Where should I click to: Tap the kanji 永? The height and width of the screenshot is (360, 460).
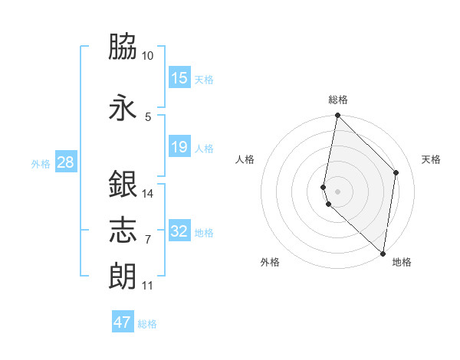[x=123, y=106]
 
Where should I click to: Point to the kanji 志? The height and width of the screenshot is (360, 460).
[x=123, y=229]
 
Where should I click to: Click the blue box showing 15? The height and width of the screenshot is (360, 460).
[x=179, y=78]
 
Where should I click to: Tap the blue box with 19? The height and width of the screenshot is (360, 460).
[x=179, y=147]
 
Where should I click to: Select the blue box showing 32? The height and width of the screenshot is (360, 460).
[x=179, y=231]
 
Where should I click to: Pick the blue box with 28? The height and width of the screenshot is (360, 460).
[x=64, y=162]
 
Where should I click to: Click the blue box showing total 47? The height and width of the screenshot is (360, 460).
[x=123, y=322]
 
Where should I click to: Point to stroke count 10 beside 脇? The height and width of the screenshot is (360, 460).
[x=147, y=56]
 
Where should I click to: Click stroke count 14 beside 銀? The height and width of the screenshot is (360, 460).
[x=147, y=194]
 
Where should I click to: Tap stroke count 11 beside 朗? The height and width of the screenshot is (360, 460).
[x=147, y=286]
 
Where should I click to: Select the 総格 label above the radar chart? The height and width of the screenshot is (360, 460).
[x=338, y=100]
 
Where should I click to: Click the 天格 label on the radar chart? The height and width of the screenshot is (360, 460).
[x=431, y=159]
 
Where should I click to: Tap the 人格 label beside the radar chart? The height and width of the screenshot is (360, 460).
[x=245, y=159]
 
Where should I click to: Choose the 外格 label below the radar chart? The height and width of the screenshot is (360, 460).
[x=270, y=262]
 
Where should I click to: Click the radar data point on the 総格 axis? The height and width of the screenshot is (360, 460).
[x=337, y=116]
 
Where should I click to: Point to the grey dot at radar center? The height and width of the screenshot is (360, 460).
[x=338, y=190]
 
